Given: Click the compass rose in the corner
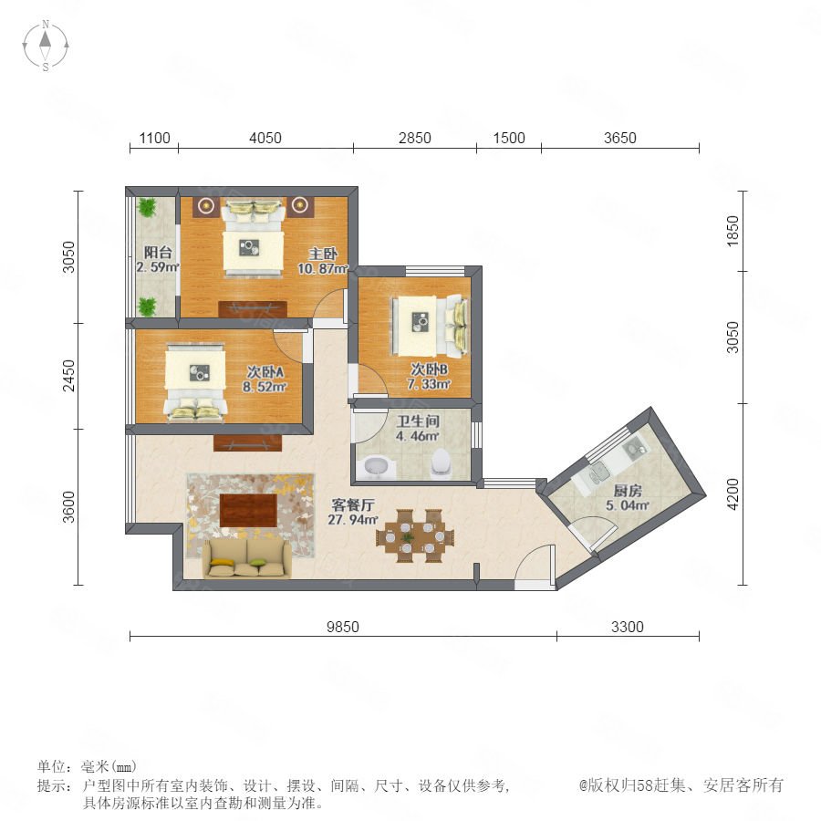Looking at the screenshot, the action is point(46,46).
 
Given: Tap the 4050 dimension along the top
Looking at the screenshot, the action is point(265,139).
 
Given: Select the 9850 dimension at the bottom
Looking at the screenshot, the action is point(343,627).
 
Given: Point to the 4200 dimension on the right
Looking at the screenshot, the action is point(733,494).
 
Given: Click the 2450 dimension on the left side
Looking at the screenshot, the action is point(69,376).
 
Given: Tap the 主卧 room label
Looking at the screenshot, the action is point(323,254).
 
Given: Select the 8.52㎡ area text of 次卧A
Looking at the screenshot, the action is point(265,387).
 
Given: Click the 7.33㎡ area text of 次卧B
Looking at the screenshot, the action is point(429,384).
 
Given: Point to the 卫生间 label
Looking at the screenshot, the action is point(418,421).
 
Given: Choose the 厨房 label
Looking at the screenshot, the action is point(628,491).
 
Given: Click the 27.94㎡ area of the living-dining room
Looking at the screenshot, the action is point(353,519).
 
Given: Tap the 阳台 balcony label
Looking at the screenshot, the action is point(158,253).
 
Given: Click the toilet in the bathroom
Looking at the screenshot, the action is point(442,462).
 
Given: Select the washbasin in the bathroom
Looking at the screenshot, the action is point(377,467).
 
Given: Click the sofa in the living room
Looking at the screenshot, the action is point(246,559).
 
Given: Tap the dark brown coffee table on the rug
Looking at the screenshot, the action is point(248,511).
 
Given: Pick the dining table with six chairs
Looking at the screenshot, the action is point(415,535).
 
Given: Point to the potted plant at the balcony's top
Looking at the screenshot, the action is point(147,207).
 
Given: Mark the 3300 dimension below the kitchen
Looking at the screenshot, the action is point(628,627).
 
